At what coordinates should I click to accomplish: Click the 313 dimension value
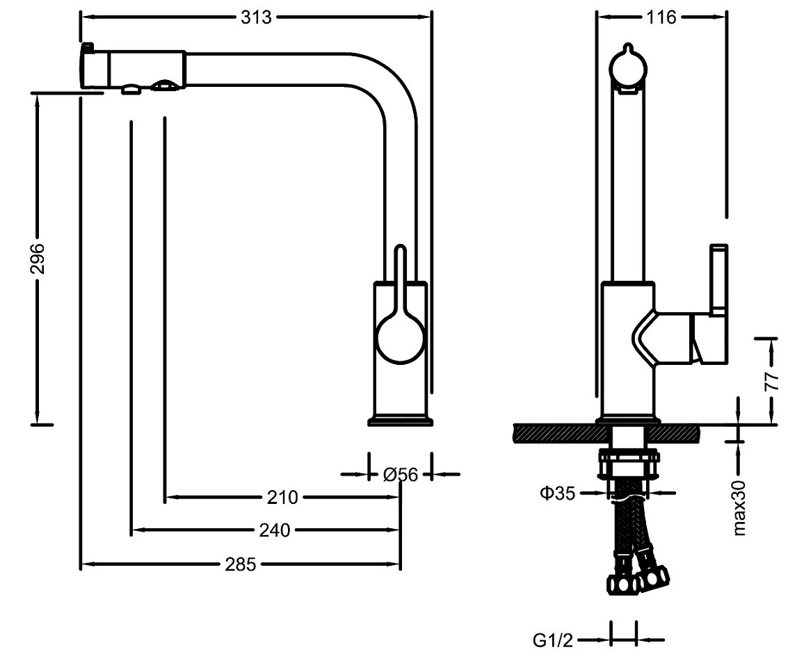pyautogui.click(x=255, y=17)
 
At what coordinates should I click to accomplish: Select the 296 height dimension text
pyautogui.click(x=38, y=259)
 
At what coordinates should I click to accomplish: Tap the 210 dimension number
pyautogui.click(x=282, y=498)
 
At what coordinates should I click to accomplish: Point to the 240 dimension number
pyautogui.click(x=274, y=530)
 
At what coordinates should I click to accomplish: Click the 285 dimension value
pyautogui.click(x=239, y=564)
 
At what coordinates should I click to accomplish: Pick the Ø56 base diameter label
pyautogui.click(x=401, y=475)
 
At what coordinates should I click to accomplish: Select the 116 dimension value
pyautogui.click(x=661, y=17)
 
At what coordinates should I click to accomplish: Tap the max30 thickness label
pyautogui.click(x=739, y=507)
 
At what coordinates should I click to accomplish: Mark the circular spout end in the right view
pyautogui.click(x=628, y=68)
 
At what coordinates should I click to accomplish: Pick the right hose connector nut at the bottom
pyautogui.click(x=657, y=576)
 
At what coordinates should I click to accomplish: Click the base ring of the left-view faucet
pyautogui.click(x=401, y=420)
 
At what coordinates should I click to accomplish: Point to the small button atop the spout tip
pyautogui.click(x=88, y=47)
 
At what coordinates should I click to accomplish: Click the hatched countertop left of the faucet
pyautogui.click(x=554, y=432)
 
